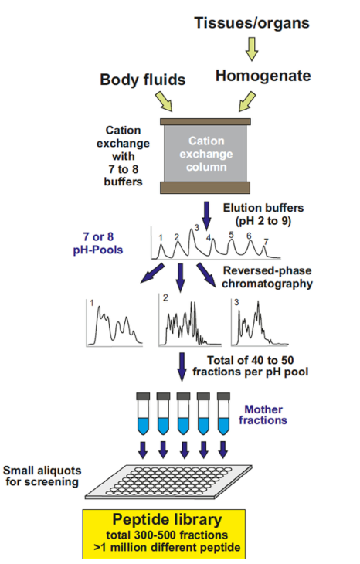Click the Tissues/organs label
point(252,23)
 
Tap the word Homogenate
point(263,76)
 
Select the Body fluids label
point(142,80)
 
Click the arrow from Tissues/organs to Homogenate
point(252,49)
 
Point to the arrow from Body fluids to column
point(164,101)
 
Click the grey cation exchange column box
point(205,154)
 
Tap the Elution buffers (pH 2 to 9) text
point(263,214)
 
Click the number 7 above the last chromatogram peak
point(266,241)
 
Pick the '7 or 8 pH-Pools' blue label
point(98,243)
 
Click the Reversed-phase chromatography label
point(267,277)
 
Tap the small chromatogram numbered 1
point(114,323)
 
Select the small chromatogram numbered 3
point(260,323)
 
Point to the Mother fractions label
point(263,415)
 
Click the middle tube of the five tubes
point(183,413)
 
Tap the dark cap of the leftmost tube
point(143,396)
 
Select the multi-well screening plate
point(168,482)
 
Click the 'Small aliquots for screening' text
point(42,476)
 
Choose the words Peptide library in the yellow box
point(167,519)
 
